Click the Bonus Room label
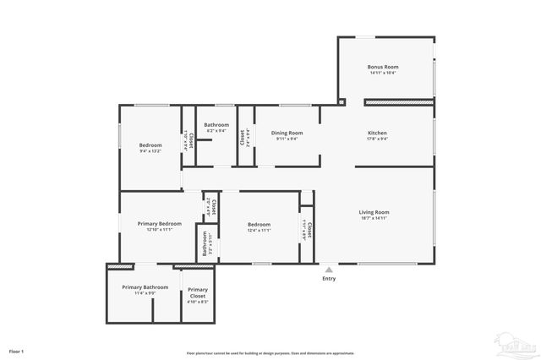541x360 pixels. tap(383, 67)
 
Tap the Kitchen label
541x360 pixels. tap(377, 133)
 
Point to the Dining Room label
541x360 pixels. tap(287, 133)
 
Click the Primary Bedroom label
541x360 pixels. tap(160, 223)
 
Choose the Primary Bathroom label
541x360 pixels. tap(145, 287)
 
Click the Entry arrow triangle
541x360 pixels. tap(329, 270)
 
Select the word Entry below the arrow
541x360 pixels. tap(329, 279)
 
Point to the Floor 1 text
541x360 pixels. tap(17, 350)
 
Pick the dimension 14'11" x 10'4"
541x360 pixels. tap(383, 73)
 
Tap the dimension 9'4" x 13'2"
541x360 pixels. tap(150, 151)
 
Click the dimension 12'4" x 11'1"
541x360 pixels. tap(259, 230)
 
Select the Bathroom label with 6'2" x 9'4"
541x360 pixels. tap(216, 125)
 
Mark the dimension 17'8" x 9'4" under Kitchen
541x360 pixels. tap(377, 139)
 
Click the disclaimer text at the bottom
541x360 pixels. tap(270, 353)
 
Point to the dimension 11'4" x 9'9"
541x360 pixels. tap(145, 293)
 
